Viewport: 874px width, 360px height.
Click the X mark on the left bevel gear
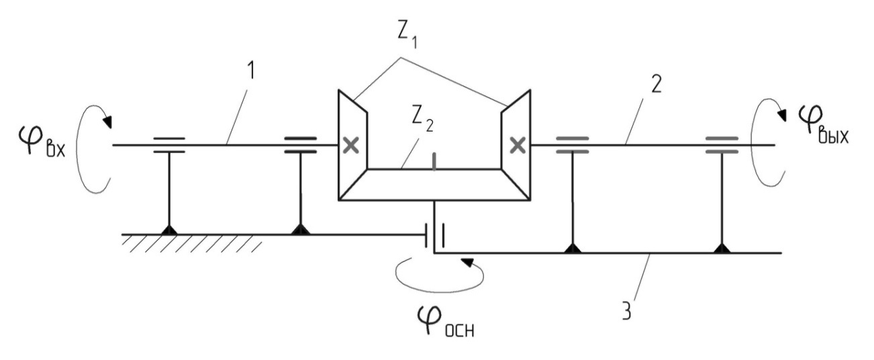[349, 145]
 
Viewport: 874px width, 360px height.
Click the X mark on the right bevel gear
[518, 144]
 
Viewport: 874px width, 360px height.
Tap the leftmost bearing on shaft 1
[168, 145]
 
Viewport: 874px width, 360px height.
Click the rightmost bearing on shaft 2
[722, 145]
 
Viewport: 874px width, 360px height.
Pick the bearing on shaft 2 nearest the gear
[572, 145]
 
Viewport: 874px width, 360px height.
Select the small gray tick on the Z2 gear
[435, 163]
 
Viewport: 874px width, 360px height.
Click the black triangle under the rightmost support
[722, 249]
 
